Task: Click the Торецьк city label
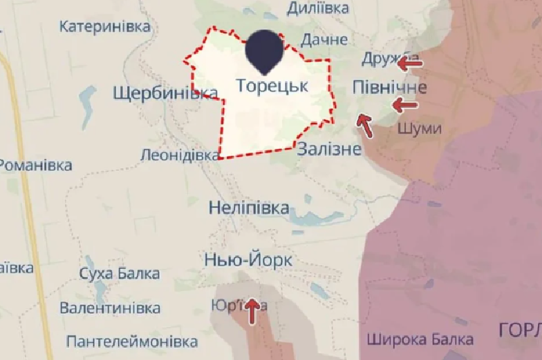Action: pos(272,87)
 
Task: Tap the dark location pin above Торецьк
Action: pos(264,51)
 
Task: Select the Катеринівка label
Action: pos(105,26)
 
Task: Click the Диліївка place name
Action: pos(318,8)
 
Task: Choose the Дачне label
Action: pos(324,39)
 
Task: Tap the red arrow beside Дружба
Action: pos(409,64)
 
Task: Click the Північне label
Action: pos(389,87)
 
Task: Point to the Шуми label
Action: pos(420,129)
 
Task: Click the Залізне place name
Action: pos(329,150)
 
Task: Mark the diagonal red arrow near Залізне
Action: pos(365,125)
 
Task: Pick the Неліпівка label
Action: pos(249,207)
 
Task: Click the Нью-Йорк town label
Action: pos(248,260)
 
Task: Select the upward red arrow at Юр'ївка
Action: pos(252,310)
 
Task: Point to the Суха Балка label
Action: pos(119,274)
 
